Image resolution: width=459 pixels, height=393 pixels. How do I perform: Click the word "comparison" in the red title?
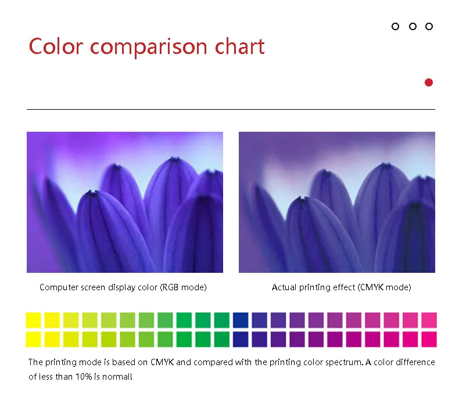point(148,47)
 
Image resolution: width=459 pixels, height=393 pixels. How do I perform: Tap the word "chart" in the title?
point(240,46)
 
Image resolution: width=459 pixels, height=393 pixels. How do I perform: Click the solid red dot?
point(429,82)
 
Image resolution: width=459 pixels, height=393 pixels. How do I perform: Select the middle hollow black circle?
point(413,27)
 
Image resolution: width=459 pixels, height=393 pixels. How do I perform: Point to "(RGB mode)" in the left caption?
point(183,287)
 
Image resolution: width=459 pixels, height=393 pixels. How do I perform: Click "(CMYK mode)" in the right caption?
point(385,287)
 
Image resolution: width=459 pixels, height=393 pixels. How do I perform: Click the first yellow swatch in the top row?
point(33,320)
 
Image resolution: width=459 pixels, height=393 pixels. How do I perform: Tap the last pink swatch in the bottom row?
point(429,339)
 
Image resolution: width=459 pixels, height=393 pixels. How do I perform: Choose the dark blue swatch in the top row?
point(241,320)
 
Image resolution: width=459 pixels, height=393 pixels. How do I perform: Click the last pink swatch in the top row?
point(429,320)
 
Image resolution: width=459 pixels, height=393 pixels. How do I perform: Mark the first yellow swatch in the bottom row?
point(33,339)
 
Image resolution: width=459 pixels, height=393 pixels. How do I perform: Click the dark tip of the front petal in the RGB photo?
point(93,193)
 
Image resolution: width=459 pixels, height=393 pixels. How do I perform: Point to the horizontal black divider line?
point(231,109)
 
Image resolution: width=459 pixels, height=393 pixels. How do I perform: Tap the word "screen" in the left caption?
point(93,288)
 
